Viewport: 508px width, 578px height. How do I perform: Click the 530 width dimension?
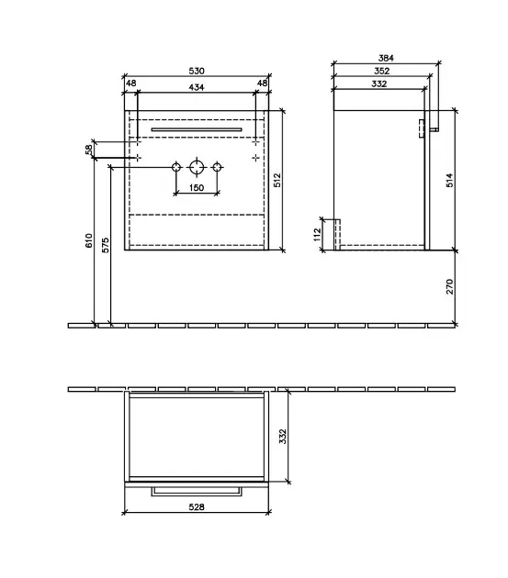click(x=197, y=71)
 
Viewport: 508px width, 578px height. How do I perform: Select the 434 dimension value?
click(x=197, y=87)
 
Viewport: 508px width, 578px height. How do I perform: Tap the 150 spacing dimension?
click(x=197, y=188)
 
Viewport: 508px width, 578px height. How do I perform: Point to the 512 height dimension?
click(x=277, y=180)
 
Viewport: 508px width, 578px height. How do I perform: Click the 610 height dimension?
click(x=89, y=240)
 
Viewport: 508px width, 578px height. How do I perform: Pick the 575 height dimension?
click(x=106, y=245)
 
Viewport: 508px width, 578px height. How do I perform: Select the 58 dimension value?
click(x=89, y=150)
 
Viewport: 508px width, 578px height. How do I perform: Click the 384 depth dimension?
click(x=386, y=58)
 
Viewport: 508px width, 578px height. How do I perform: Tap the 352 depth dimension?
click(x=382, y=71)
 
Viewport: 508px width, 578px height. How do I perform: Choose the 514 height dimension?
click(x=449, y=180)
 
